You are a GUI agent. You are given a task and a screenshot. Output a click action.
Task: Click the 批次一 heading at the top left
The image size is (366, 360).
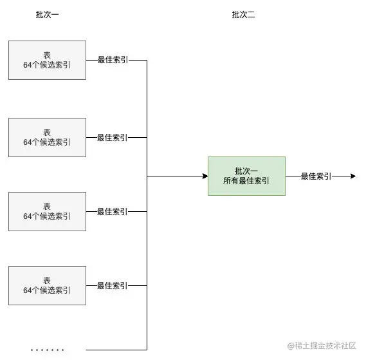pyautogui.click(x=47, y=15)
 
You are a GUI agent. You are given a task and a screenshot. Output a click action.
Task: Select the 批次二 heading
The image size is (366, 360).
pyautogui.click(x=243, y=15)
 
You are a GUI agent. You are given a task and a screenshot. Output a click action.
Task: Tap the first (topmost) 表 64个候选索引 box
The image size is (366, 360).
pyautogui.click(x=47, y=60)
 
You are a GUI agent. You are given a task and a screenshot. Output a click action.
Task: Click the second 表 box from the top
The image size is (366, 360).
pyautogui.click(x=47, y=137)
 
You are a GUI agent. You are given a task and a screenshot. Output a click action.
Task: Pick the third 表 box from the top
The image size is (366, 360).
pyautogui.click(x=47, y=211)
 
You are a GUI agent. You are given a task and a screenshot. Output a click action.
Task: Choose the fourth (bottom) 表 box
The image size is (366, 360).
pyautogui.click(x=47, y=285)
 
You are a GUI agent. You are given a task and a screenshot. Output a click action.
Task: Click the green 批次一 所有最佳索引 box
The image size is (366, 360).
pyautogui.click(x=246, y=176)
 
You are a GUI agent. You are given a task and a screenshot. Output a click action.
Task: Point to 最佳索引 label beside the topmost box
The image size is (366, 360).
pyautogui.click(x=112, y=60)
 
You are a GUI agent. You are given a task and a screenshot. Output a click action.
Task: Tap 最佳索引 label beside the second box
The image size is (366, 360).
pyautogui.click(x=112, y=137)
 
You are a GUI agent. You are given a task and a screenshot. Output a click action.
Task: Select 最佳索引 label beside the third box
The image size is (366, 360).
pyautogui.click(x=112, y=211)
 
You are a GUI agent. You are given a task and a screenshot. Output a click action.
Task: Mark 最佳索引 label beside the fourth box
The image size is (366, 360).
pyautogui.click(x=112, y=285)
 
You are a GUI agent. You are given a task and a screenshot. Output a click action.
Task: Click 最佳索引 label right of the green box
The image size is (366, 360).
pyautogui.click(x=316, y=176)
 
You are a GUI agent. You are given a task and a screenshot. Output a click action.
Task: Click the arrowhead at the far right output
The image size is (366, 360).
pyautogui.click(x=352, y=176)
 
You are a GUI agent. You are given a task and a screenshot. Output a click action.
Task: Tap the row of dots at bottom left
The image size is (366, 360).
pyautogui.click(x=48, y=350)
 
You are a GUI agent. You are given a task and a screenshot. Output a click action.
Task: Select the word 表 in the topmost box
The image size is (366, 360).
pyautogui.click(x=47, y=55)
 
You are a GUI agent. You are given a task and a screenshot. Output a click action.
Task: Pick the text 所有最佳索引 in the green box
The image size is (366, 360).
pyautogui.click(x=246, y=182)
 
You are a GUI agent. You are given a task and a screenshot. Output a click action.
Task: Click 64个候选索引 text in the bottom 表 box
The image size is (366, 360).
pyautogui.click(x=47, y=290)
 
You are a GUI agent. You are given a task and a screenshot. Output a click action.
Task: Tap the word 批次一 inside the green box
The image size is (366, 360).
pyautogui.click(x=246, y=171)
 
